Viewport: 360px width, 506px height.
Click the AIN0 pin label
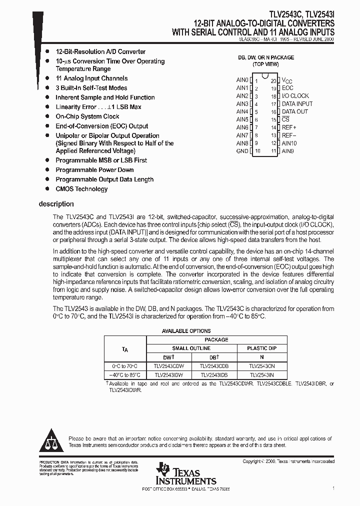pyautogui.click(x=242, y=80)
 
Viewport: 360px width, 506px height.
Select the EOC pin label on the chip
pyautogui.click(x=287, y=88)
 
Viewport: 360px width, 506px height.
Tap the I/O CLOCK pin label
pyautogui.click(x=295, y=96)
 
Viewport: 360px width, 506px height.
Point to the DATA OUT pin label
pyautogui.click(x=295, y=111)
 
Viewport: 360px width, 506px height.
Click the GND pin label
pyautogui.click(x=242, y=151)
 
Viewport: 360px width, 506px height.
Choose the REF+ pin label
pyautogui.click(x=289, y=127)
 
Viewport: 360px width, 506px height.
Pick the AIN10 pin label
pyautogui.click(x=289, y=143)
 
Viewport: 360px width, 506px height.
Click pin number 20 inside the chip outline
pyautogui.click(x=273, y=80)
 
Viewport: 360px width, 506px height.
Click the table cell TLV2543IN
pyautogui.click(x=261, y=375)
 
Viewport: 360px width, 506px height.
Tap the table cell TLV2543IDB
pyautogui.click(x=214, y=375)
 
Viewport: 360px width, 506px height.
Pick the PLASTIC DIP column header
pyautogui.click(x=261, y=348)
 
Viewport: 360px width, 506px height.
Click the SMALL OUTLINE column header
pyautogui.click(x=191, y=348)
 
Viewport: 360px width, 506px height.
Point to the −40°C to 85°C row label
pyautogui.click(x=125, y=375)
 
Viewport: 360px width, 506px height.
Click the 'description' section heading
pyautogui.click(x=56, y=204)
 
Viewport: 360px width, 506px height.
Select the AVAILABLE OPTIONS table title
pyautogui.click(x=186, y=331)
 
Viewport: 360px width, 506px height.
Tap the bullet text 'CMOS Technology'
pyautogui.click(x=81, y=189)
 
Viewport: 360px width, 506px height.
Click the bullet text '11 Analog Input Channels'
pyautogui.click(x=91, y=78)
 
